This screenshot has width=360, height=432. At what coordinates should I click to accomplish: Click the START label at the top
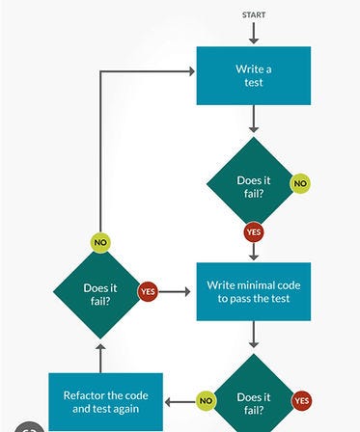[x=254, y=14]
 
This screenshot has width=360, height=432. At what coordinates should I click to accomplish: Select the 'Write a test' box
[x=254, y=75]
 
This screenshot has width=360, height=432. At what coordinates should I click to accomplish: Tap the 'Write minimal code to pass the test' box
[x=254, y=291]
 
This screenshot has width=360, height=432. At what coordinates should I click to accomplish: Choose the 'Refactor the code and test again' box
[x=106, y=400]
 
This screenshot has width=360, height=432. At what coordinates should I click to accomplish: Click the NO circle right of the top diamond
[x=300, y=183]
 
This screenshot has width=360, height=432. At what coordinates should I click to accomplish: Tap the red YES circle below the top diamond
[x=254, y=232]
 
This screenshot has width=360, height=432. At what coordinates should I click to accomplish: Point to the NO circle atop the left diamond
[x=100, y=243]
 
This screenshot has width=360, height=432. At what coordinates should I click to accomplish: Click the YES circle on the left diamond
[x=148, y=290]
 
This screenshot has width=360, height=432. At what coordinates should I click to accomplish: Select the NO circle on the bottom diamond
[x=206, y=400]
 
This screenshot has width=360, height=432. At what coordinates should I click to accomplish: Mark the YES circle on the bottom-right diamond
[x=302, y=400]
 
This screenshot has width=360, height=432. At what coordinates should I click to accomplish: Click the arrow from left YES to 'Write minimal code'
[x=177, y=290]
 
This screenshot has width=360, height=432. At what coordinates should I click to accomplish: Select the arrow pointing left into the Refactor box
[x=172, y=400]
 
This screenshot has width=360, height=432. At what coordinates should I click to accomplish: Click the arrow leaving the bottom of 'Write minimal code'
[x=254, y=336]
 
